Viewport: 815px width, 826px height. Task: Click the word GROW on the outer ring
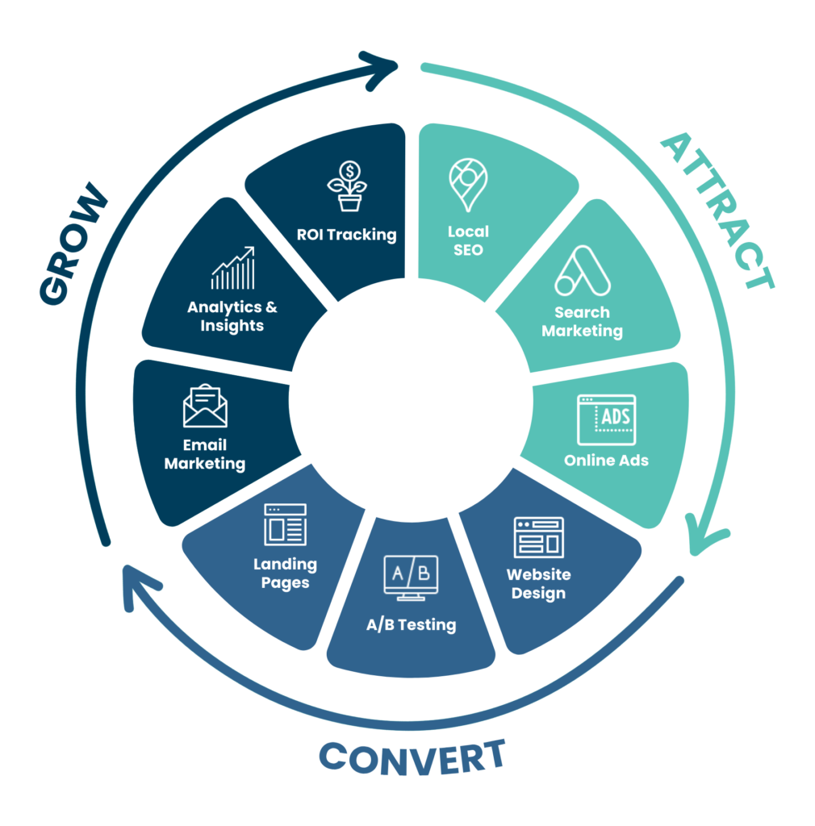[x=73, y=244]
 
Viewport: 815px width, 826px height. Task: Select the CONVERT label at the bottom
[x=412, y=757]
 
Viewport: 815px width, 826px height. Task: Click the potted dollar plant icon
[x=347, y=186]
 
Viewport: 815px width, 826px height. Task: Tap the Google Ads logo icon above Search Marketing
[x=582, y=271]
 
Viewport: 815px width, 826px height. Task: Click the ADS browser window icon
[x=606, y=419]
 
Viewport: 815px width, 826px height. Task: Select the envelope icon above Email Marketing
[x=205, y=406]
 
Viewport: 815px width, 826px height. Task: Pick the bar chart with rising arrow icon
[x=233, y=268]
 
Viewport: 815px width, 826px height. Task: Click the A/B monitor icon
[x=411, y=578]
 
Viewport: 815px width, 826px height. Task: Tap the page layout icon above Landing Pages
[x=285, y=524]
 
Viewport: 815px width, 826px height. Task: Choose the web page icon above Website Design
[x=538, y=537]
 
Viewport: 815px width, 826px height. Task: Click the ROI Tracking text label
[x=346, y=235]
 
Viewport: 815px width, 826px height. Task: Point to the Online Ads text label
[x=606, y=461]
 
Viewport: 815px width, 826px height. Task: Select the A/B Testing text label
[x=411, y=625]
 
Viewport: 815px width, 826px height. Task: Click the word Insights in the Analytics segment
[x=232, y=326]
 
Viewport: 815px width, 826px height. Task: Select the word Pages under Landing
[x=285, y=583]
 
